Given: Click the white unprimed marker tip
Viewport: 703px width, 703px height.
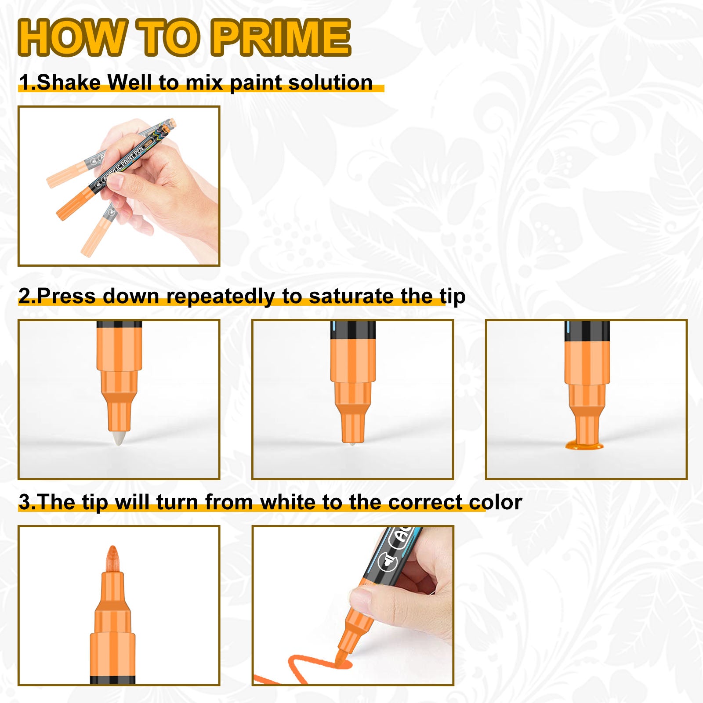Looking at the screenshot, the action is pyautogui.click(x=119, y=438).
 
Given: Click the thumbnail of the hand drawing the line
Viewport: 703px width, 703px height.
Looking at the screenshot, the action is pyautogui.click(x=353, y=605).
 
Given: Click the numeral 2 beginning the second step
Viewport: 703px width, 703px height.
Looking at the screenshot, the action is pyautogui.click(x=25, y=297).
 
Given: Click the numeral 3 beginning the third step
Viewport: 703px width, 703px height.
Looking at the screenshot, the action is pyautogui.click(x=25, y=502).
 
